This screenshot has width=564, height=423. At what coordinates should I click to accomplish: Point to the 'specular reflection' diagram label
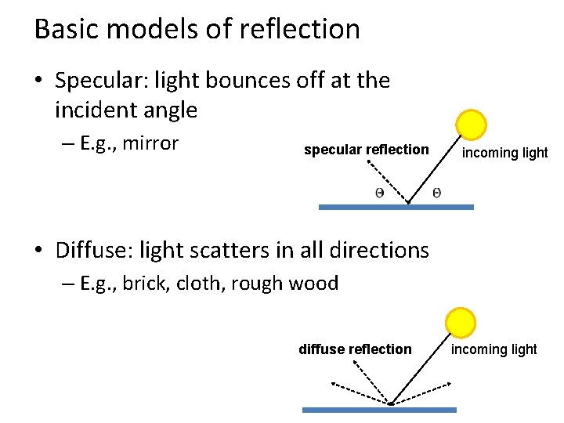click(366, 149)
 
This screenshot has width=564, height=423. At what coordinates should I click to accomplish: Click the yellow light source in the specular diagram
click(472, 125)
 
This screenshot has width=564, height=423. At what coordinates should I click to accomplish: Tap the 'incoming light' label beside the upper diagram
click(504, 153)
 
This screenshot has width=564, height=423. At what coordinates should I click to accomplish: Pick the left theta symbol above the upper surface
click(379, 193)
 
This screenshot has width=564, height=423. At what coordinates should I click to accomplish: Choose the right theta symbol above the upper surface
click(436, 192)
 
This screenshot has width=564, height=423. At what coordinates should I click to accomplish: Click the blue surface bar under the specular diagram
click(396, 208)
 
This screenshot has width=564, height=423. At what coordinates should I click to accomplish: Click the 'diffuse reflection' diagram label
click(355, 349)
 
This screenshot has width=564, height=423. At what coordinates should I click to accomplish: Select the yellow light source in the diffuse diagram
click(460, 322)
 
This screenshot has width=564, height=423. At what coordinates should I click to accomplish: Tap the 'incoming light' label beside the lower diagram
click(493, 349)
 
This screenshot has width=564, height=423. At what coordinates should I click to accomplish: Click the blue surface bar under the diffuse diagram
click(379, 409)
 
